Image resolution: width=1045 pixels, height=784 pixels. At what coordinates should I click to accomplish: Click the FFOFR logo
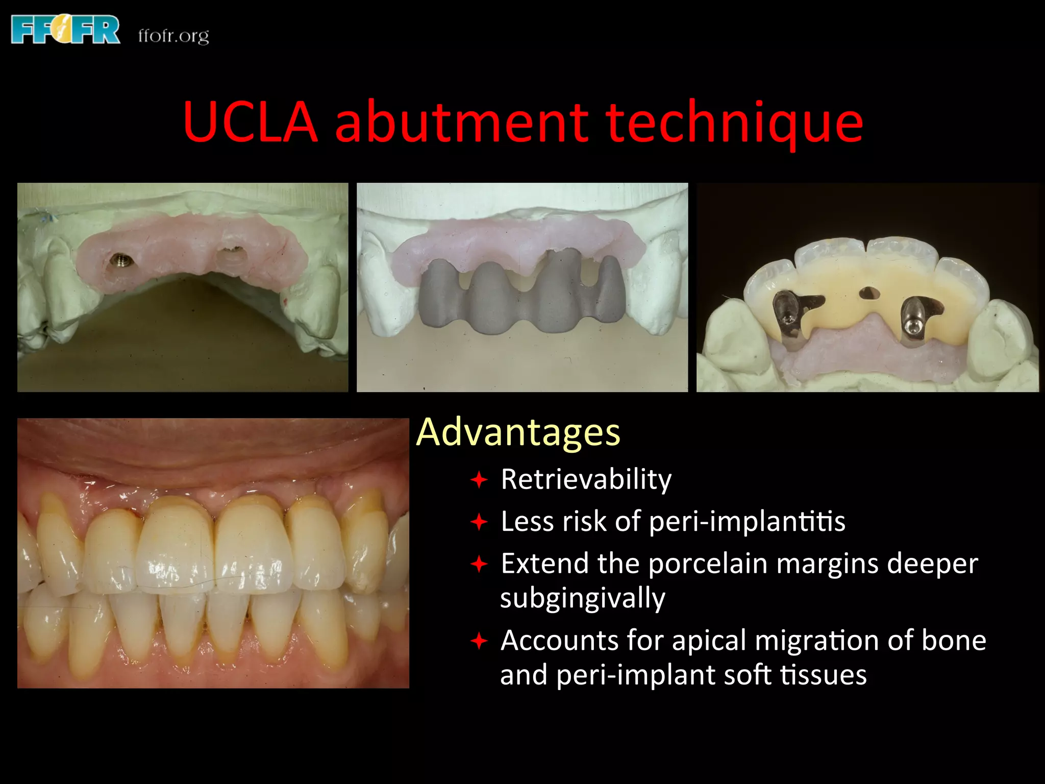point(65,30)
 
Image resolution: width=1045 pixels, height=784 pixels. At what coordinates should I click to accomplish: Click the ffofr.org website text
point(173,36)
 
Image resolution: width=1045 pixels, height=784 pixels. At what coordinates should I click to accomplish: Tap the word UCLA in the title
point(251,122)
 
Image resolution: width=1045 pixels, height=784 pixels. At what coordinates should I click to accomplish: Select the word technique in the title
point(734,123)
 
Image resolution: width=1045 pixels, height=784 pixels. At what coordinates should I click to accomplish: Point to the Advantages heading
point(518,432)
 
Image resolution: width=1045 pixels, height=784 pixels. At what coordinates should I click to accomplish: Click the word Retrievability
point(586,479)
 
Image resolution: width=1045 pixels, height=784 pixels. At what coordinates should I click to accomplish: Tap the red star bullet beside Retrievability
point(479,480)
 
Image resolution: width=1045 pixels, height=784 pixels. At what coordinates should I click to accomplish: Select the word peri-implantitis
point(747,522)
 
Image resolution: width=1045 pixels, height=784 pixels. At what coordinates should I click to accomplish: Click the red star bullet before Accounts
point(479,641)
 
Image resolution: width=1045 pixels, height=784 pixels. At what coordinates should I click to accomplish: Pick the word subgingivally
point(583,598)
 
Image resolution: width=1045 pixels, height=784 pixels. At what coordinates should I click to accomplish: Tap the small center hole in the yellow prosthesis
point(868,293)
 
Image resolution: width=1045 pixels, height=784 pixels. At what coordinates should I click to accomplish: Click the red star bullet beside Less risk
point(479,522)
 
